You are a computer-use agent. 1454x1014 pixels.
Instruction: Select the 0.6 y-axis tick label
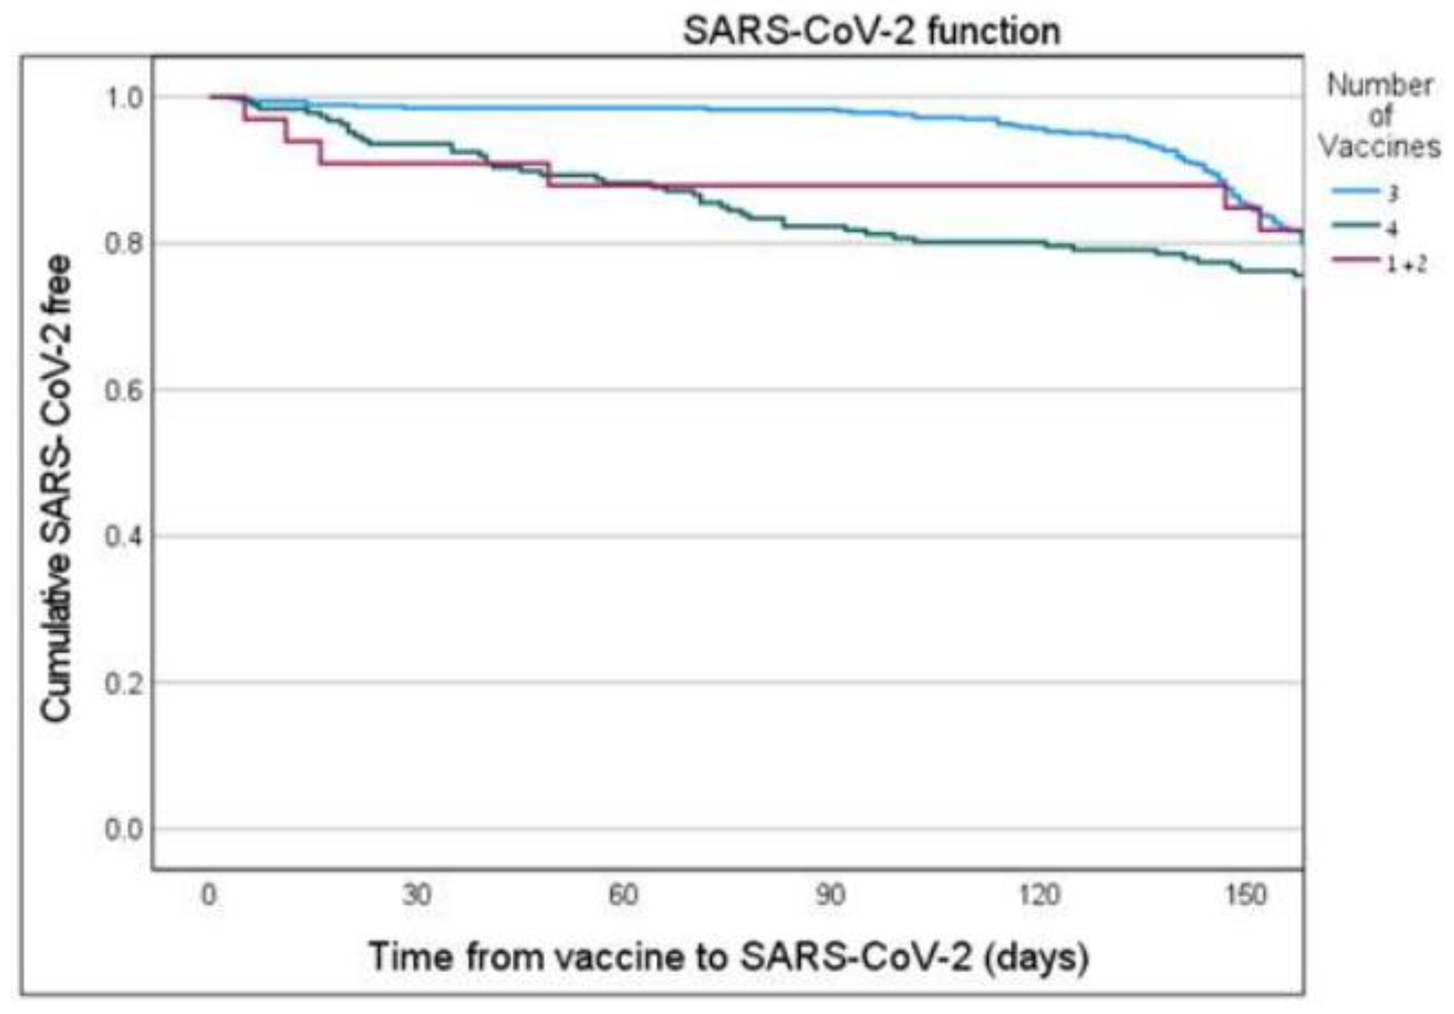pos(123,389)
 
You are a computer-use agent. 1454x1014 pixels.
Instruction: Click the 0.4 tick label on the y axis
pos(123,536)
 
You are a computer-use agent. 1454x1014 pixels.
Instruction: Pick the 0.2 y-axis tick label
pos(123,683)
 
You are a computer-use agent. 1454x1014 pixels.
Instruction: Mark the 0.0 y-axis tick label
pos(123,829)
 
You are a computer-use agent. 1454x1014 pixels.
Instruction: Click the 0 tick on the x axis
pos(209,895)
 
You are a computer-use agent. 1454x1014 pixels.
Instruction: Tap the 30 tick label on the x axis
pos(417,895)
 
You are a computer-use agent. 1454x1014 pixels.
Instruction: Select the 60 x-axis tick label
pos(624,895)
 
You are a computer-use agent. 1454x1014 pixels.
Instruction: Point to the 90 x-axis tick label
pos(831,895)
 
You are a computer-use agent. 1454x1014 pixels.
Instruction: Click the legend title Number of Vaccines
pos(1379,116)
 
